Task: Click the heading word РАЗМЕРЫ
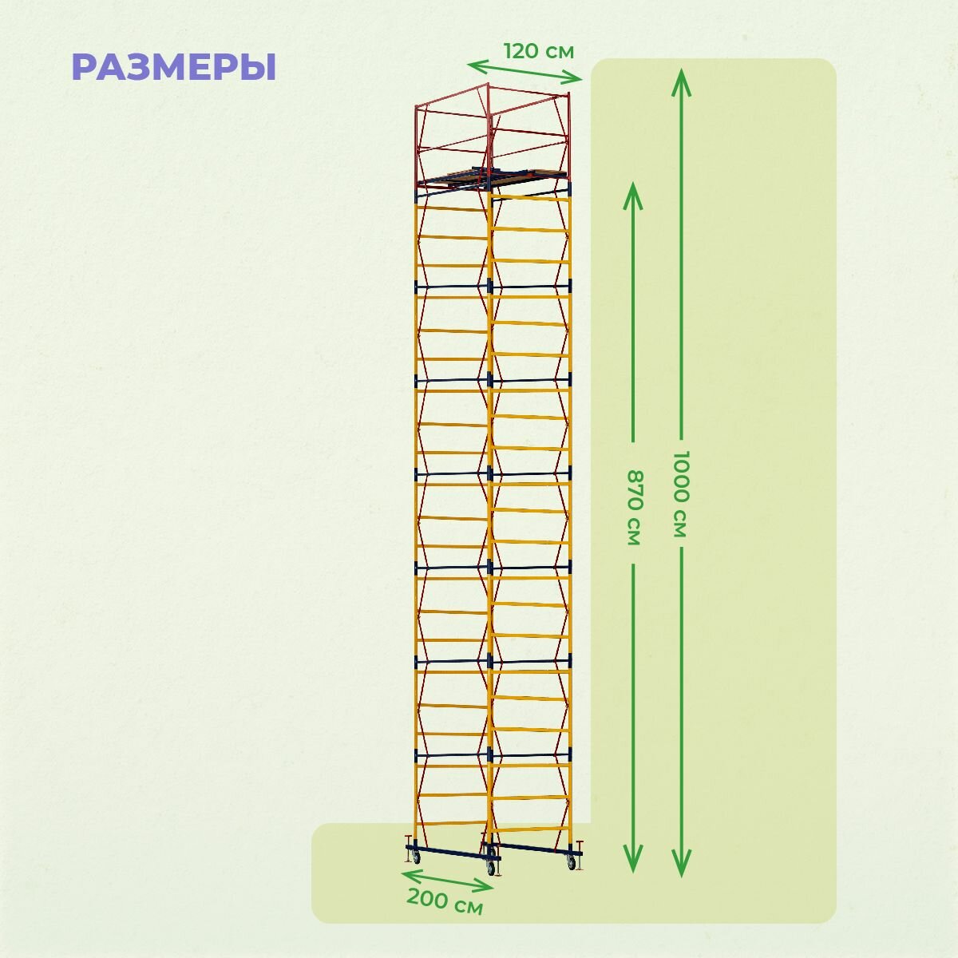tap(174, 68)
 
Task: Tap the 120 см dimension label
tap(538, 51)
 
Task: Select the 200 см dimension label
tap(445, 902)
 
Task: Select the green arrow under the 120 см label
tap(525, 71)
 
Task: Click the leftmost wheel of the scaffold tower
tap(414, 857)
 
